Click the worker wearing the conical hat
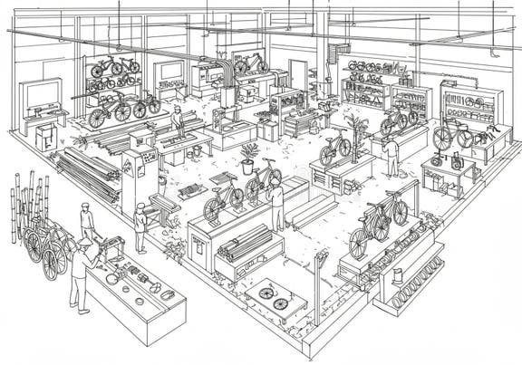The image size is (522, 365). point(82,267)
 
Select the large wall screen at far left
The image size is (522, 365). point(41,93)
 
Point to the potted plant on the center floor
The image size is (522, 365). point(247,158)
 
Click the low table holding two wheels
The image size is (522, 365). point(275,298)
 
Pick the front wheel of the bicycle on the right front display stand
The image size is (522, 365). point(360,242)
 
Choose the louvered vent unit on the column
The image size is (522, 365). point(341,53)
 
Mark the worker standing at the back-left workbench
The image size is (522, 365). point(179,120)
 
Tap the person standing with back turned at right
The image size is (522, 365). point(391,155)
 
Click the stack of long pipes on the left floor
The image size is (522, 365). point(86,172)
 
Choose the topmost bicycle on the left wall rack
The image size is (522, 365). point(113,65)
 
